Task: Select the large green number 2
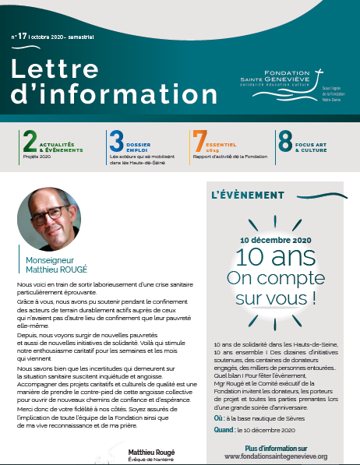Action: click(30, 140)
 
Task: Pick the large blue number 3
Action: click(116, 140)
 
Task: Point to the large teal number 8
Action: click(285, 140)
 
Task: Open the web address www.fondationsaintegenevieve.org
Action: click(275, 456)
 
